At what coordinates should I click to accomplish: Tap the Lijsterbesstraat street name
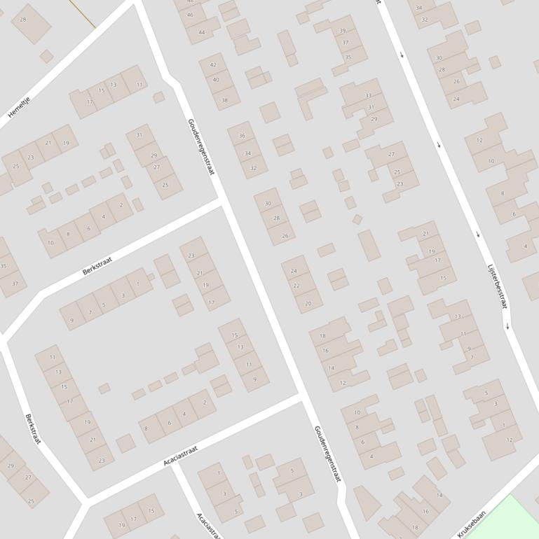pos(497,286)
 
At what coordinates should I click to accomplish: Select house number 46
pos(190,15)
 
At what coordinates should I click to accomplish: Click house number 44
pos(202,32)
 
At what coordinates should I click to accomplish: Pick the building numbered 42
pos(213,65)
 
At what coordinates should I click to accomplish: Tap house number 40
pos(216,80)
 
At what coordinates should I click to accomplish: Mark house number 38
pos(225,100)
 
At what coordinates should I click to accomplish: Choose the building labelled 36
pos(242,136)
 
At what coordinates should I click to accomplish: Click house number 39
pos(343,31)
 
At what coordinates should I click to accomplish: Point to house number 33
pos(369,95)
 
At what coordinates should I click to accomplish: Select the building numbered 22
pos(296,286)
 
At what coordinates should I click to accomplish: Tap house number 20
pos(308,304)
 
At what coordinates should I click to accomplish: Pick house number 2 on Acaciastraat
pos(205,402)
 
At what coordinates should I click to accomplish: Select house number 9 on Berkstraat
pos(71,322)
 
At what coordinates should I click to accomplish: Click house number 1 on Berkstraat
pos(138,283)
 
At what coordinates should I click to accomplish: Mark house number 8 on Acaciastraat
pos(146,428)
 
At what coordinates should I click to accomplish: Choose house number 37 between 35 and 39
pos(346,43)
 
